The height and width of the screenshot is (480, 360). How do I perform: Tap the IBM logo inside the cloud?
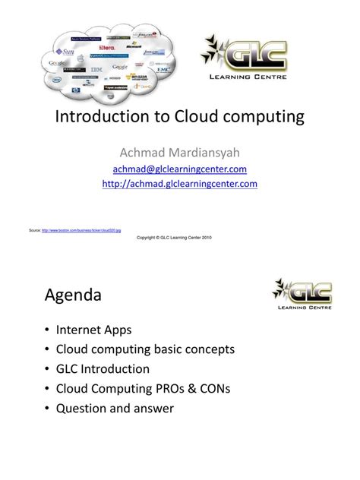click(x=96, y=69)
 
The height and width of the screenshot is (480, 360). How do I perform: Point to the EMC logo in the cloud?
click(x=164, y=69)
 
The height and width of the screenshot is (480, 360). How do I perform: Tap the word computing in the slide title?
click(x=262, y=117)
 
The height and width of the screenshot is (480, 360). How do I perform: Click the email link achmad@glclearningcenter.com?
click(x=179, y=169)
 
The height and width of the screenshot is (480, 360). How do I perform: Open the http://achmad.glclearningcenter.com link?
click(x=179, y=183)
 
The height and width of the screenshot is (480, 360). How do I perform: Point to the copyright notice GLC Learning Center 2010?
click(x=179, y=237)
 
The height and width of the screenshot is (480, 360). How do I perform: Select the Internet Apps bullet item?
click(x=93, y=330)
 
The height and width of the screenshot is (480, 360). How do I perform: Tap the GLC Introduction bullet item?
click(x=103, y=369)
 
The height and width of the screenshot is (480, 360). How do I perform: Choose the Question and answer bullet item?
click(x=115, y=409)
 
